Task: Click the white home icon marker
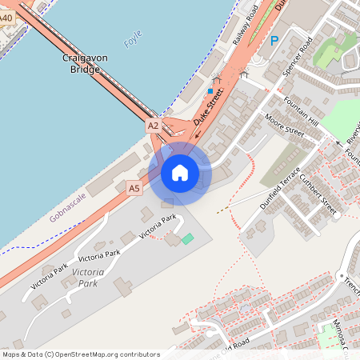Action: [180, 173]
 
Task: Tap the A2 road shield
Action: [154, 126]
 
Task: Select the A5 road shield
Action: [134, 188]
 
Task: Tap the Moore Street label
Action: [284, 126]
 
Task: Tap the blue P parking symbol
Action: [274, 41]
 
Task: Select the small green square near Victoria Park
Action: [187, 238]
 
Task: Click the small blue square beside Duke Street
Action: [210, 91]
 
